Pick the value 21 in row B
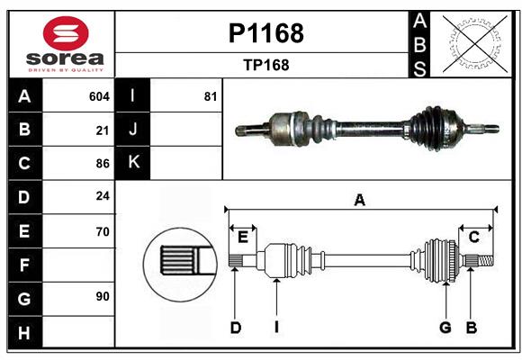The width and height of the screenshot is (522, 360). (x=102, y=130)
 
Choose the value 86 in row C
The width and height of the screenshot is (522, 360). (x=102, y=164)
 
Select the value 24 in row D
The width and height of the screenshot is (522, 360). (x=102, y=196)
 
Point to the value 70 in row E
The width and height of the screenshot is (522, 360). (x=102, y=230)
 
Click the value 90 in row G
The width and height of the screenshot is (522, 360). (x=102, y=297)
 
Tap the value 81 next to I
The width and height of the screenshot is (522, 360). (x=211, y=96)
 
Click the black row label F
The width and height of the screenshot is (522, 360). (x=24, y=265)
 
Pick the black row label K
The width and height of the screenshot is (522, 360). (x=134, y=163)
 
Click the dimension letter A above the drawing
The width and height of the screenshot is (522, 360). (x=360, y=200)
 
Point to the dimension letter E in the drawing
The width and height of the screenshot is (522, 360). (x=243, y=237)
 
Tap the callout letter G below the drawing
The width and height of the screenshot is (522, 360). (x=445, y=328)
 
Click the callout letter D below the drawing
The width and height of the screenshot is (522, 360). (x=235, y=328)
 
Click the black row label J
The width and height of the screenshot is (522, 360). (x=134, y=130)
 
